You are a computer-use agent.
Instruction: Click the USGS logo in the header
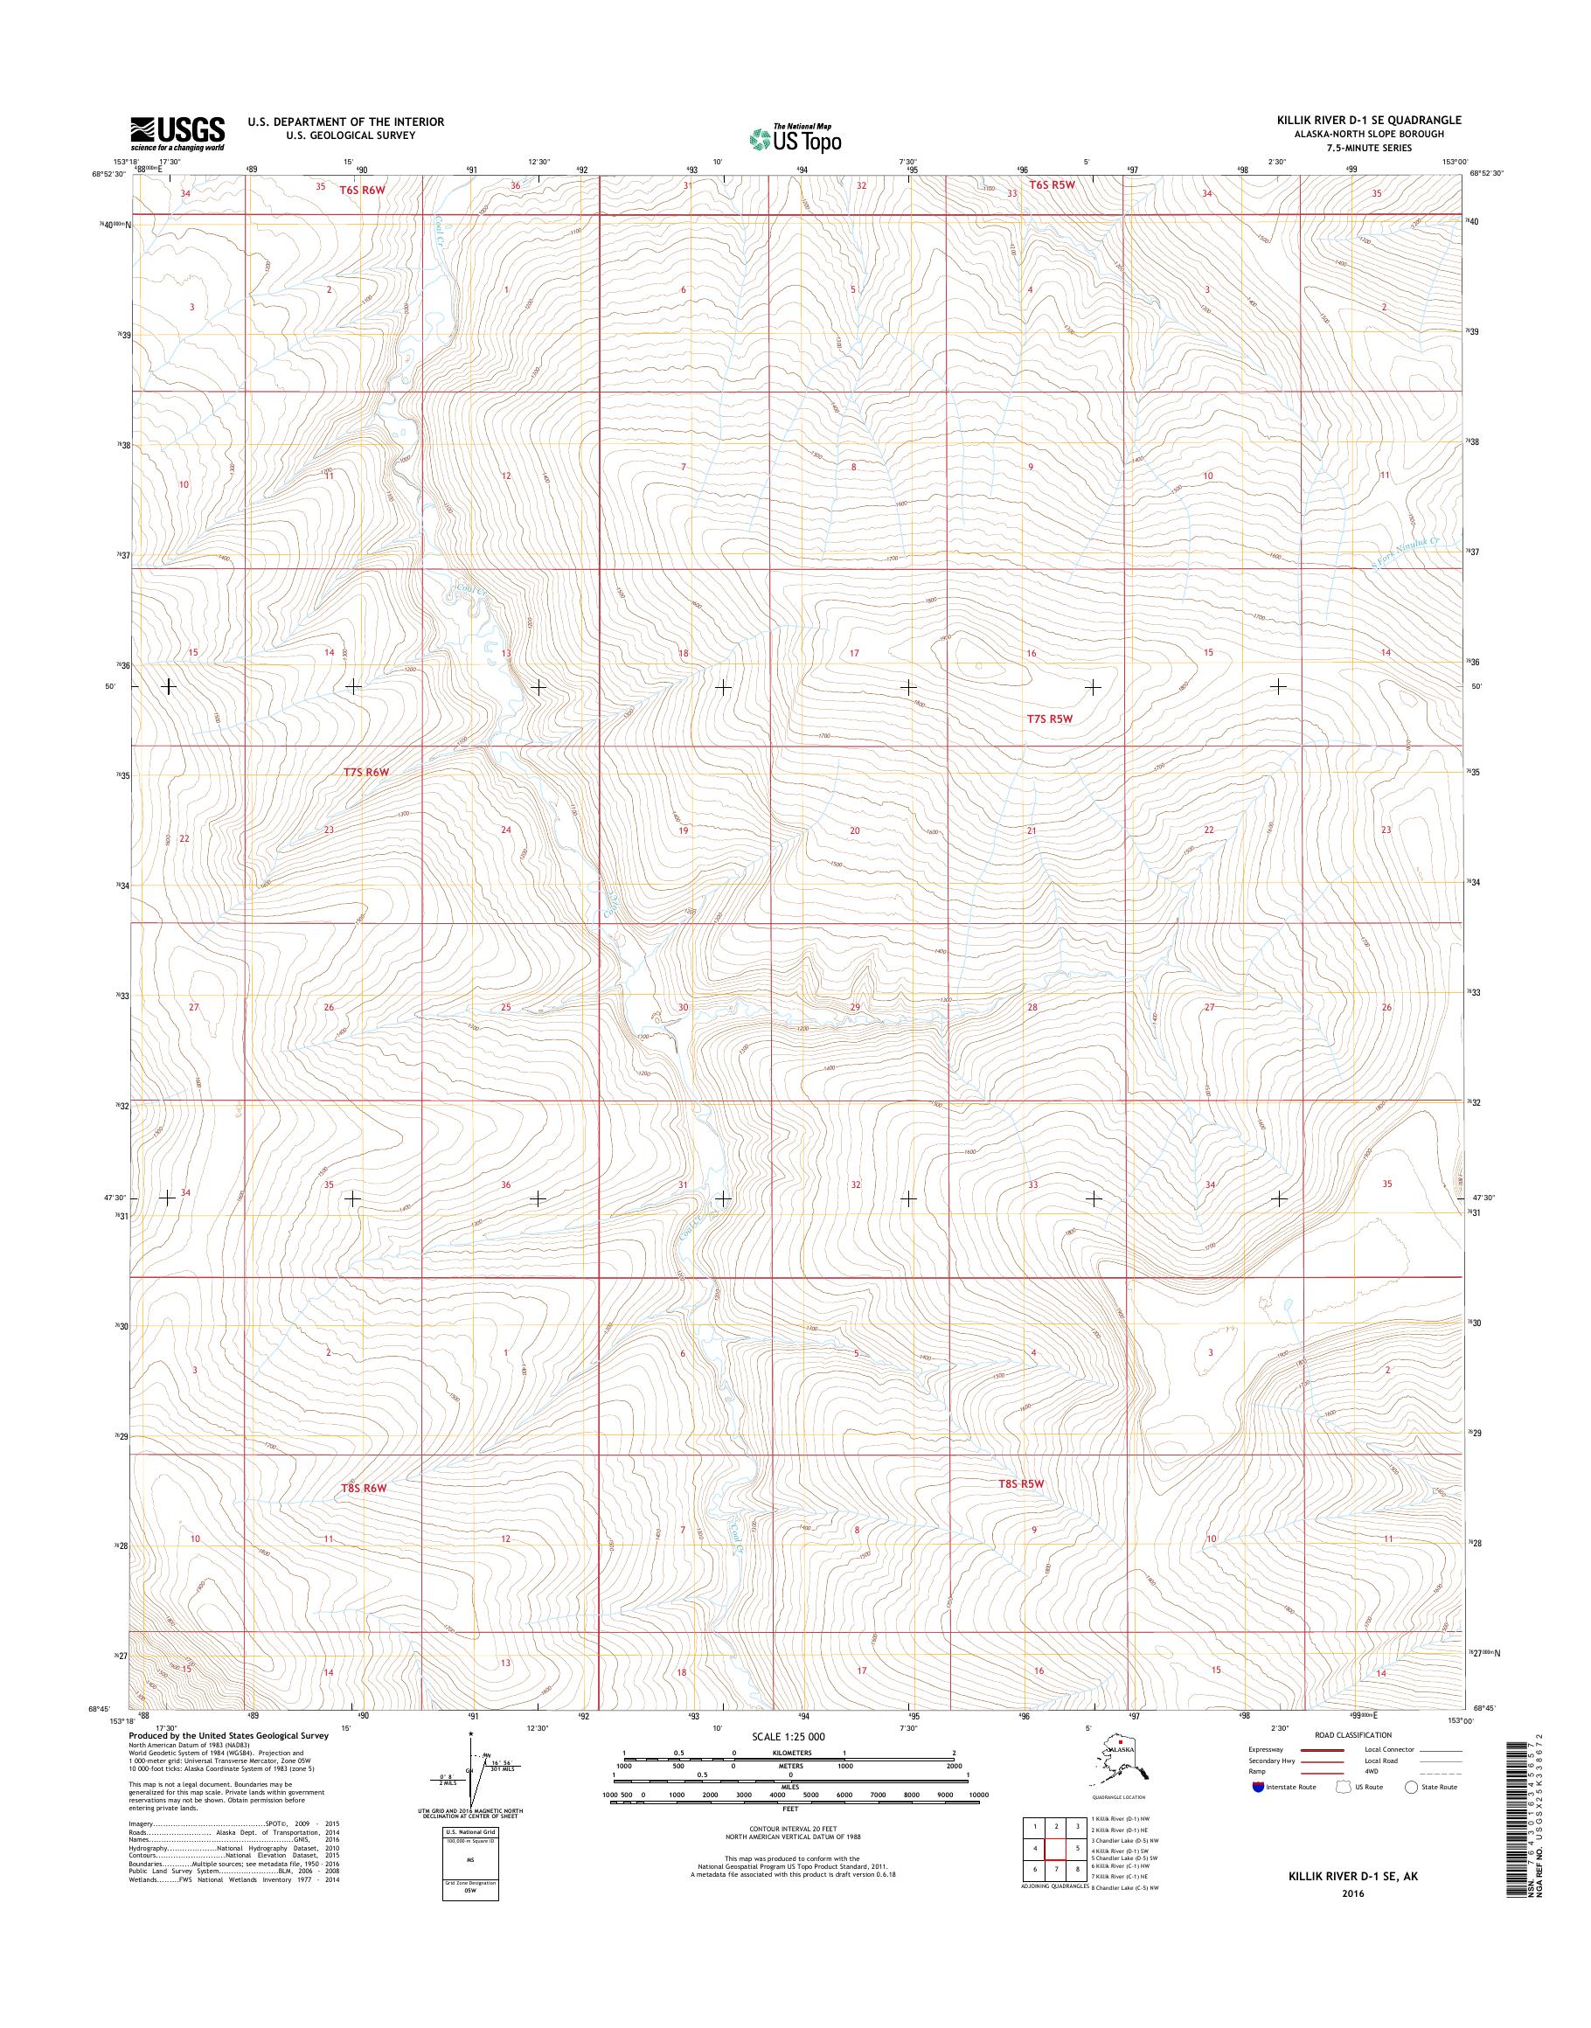coord(177,133)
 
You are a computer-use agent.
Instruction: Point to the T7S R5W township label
coord(1050,719)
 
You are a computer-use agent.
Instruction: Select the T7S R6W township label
coord(365,772)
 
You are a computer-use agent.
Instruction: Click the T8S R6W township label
coord(364,1488)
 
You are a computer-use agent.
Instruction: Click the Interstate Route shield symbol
coord(1259,1787)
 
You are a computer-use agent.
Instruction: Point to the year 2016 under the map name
coord(1352,1894)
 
